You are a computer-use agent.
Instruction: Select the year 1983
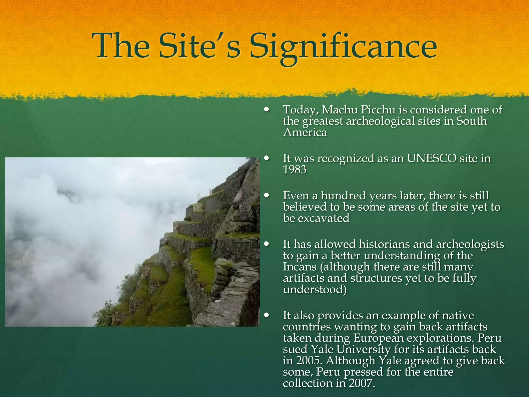tap(294, 170)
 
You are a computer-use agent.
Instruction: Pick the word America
tap(305, 133)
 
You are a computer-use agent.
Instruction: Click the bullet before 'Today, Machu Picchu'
tap(267, 110)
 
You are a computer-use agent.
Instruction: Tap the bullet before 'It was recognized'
tap(267, 158)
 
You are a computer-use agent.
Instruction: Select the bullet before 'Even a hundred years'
tap(267, 196)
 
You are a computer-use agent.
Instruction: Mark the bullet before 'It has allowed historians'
tap(267, 244)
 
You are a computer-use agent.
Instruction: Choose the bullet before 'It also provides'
tap(267, 315)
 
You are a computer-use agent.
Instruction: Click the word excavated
tap(324, 218)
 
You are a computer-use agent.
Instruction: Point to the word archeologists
tap(470, 244)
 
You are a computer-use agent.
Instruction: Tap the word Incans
tap(300, 267)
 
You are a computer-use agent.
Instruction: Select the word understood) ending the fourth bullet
tap(315, 289)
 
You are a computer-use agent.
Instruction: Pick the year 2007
tap(361, 383)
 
